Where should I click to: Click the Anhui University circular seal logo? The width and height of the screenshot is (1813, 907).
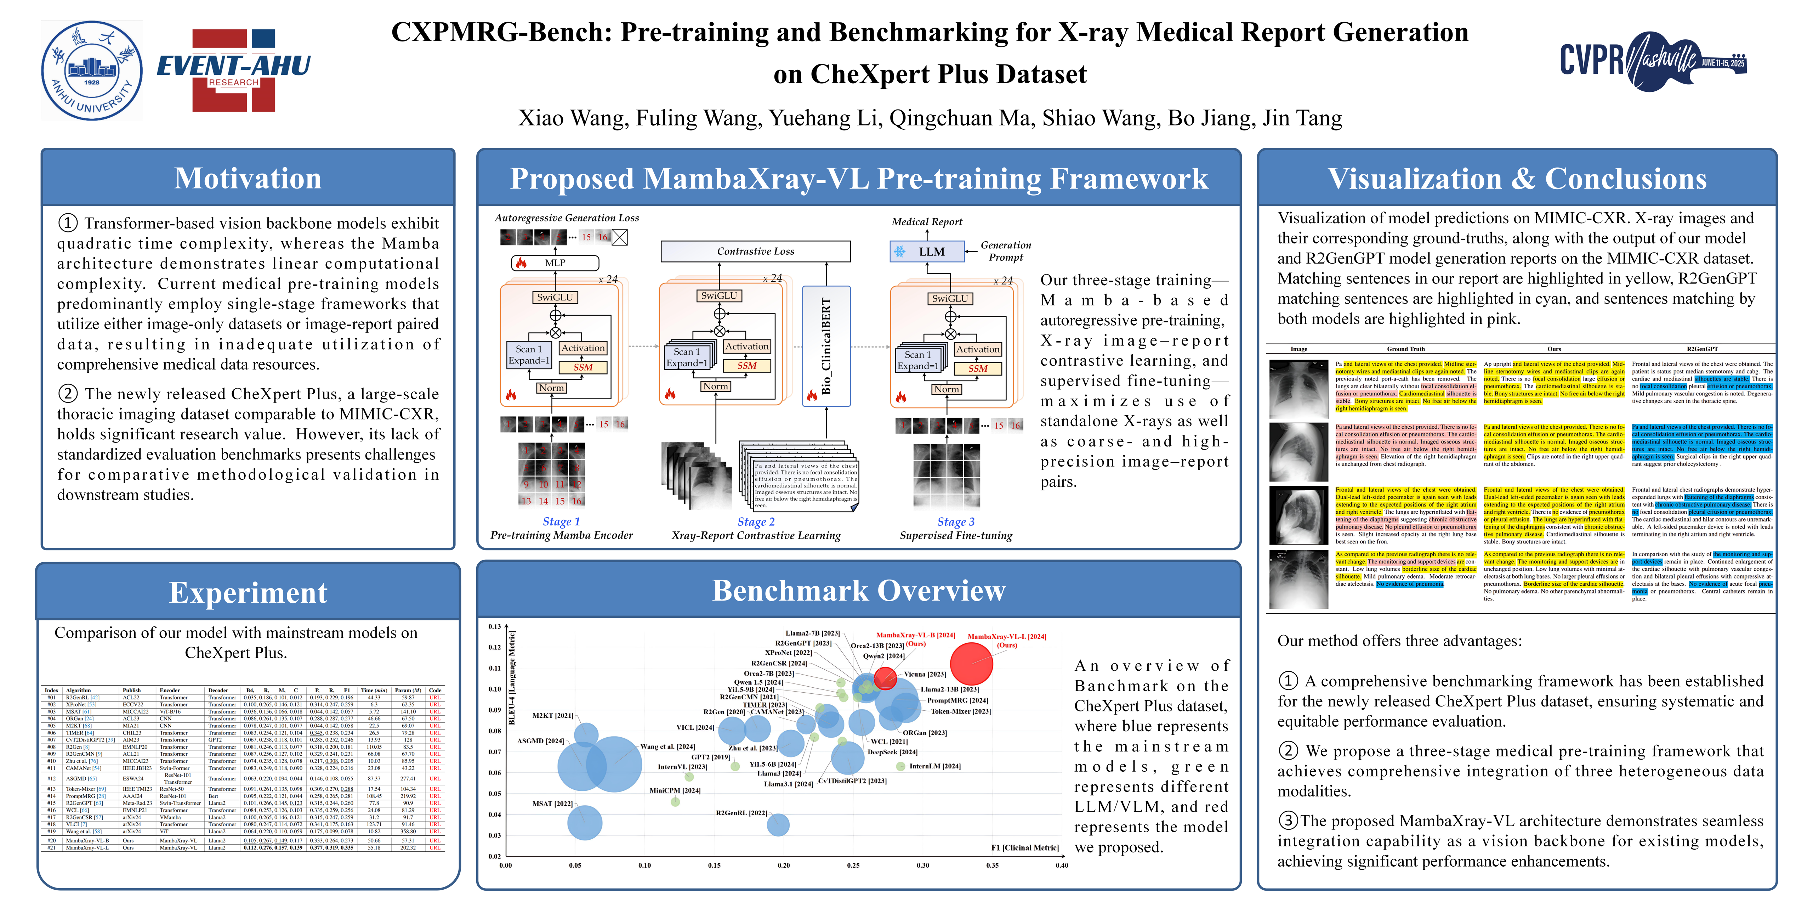pyautogui.click(x=91, y=71)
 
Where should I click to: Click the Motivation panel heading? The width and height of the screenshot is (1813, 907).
pyautogui.click(x=248, y=178)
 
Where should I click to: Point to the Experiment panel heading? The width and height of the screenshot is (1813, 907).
pyautogui.click(x=248, y=592)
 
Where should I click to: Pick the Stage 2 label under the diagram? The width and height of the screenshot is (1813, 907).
pyautogui.click(x=756, y=522)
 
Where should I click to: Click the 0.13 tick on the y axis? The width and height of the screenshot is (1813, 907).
pyautogui.click(x=495, y=626)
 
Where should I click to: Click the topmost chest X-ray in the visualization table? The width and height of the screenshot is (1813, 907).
pyautogui.click(x=1298, y=389)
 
